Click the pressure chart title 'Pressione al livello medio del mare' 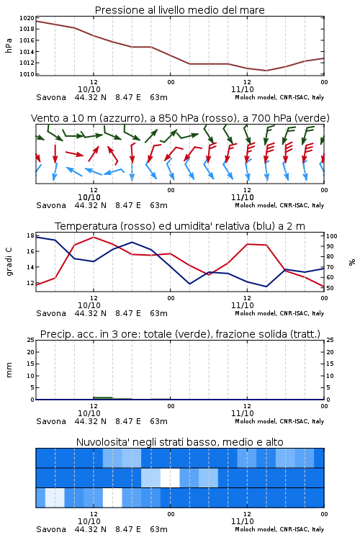(179, 10)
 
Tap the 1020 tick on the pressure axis (27, 18)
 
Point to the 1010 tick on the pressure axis (27, 74)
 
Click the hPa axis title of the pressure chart (9, 45)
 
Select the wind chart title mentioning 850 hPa (180, 118)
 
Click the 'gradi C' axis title (9, 261)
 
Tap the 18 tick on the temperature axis (30, 235)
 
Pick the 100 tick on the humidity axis (332, 236)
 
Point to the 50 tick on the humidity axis (330, 288)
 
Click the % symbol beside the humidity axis (352, 262)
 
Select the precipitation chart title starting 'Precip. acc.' (180, 334)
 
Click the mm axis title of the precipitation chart (9, 370)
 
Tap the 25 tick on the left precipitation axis (31, 340)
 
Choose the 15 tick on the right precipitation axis (330, 364)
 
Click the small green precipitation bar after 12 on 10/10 (103, 398)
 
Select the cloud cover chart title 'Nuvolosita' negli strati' (179, 442)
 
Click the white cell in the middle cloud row (170, 477)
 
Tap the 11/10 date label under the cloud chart (243, 521)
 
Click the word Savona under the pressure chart (51, 97)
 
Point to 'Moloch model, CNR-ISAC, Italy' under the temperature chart (279, 313)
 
